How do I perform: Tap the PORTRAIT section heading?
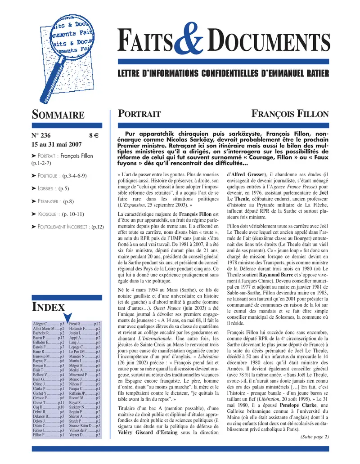(x=139, y=114)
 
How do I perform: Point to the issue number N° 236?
(x=41, y=136)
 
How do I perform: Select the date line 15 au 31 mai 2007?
(x=56, y=145)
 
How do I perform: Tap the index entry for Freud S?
(x=85, y=323)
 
